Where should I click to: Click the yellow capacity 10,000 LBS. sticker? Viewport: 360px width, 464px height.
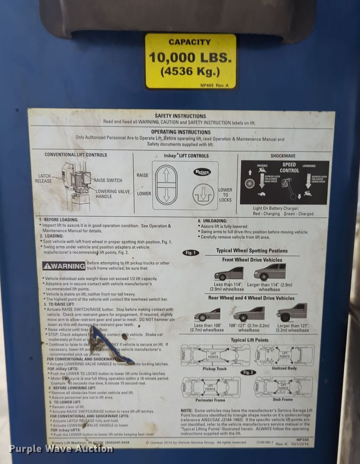tap(190, 60)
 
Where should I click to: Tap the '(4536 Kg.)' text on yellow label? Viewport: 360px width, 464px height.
tap(190, 72)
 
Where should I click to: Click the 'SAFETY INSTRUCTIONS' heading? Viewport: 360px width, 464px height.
tap(180, 116)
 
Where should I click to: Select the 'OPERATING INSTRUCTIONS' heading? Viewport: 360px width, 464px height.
tap(180, 132)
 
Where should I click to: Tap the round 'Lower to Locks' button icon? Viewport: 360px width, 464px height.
tap(204, 194)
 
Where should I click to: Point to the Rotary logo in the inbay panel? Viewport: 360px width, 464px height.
tap(202, 172)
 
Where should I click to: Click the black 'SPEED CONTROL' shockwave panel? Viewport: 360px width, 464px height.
tap(284, 183)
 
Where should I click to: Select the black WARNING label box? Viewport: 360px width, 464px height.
tap(64, 266)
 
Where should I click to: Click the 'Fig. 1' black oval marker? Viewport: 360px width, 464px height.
tap(191, 253)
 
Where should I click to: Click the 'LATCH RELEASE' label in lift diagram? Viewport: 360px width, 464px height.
tap(44, 178)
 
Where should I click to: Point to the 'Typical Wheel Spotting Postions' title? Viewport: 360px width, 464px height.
tap(252, 251)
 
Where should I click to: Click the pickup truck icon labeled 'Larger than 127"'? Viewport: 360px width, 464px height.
tap(292, 313)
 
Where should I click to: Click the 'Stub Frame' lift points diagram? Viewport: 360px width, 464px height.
tap(283, 387)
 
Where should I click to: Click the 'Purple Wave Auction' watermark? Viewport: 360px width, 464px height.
tap(61, 449)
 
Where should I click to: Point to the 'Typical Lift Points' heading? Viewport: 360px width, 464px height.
tap(249, 340)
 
